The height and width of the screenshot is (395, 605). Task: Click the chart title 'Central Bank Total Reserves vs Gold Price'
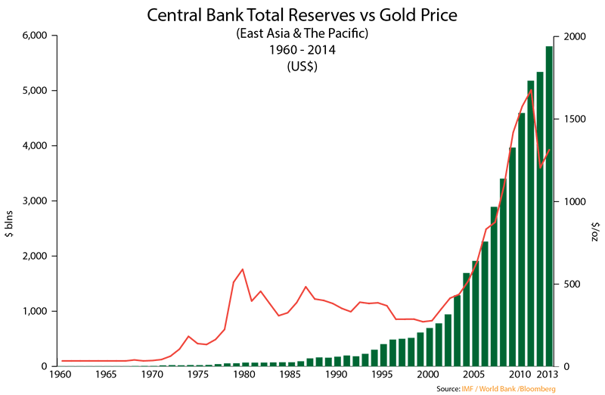pos(302,15)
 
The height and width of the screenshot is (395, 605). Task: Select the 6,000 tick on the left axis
pos(33,36)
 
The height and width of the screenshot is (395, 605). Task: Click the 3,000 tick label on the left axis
pos(33,201)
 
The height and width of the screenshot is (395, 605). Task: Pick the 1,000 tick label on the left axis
pos(33,312)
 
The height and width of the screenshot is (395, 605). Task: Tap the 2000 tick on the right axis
pos(572,36)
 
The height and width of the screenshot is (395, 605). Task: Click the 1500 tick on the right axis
pos(572,120)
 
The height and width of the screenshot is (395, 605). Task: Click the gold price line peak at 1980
pos(242,269)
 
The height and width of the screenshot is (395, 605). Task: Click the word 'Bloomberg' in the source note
pos(538,389)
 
